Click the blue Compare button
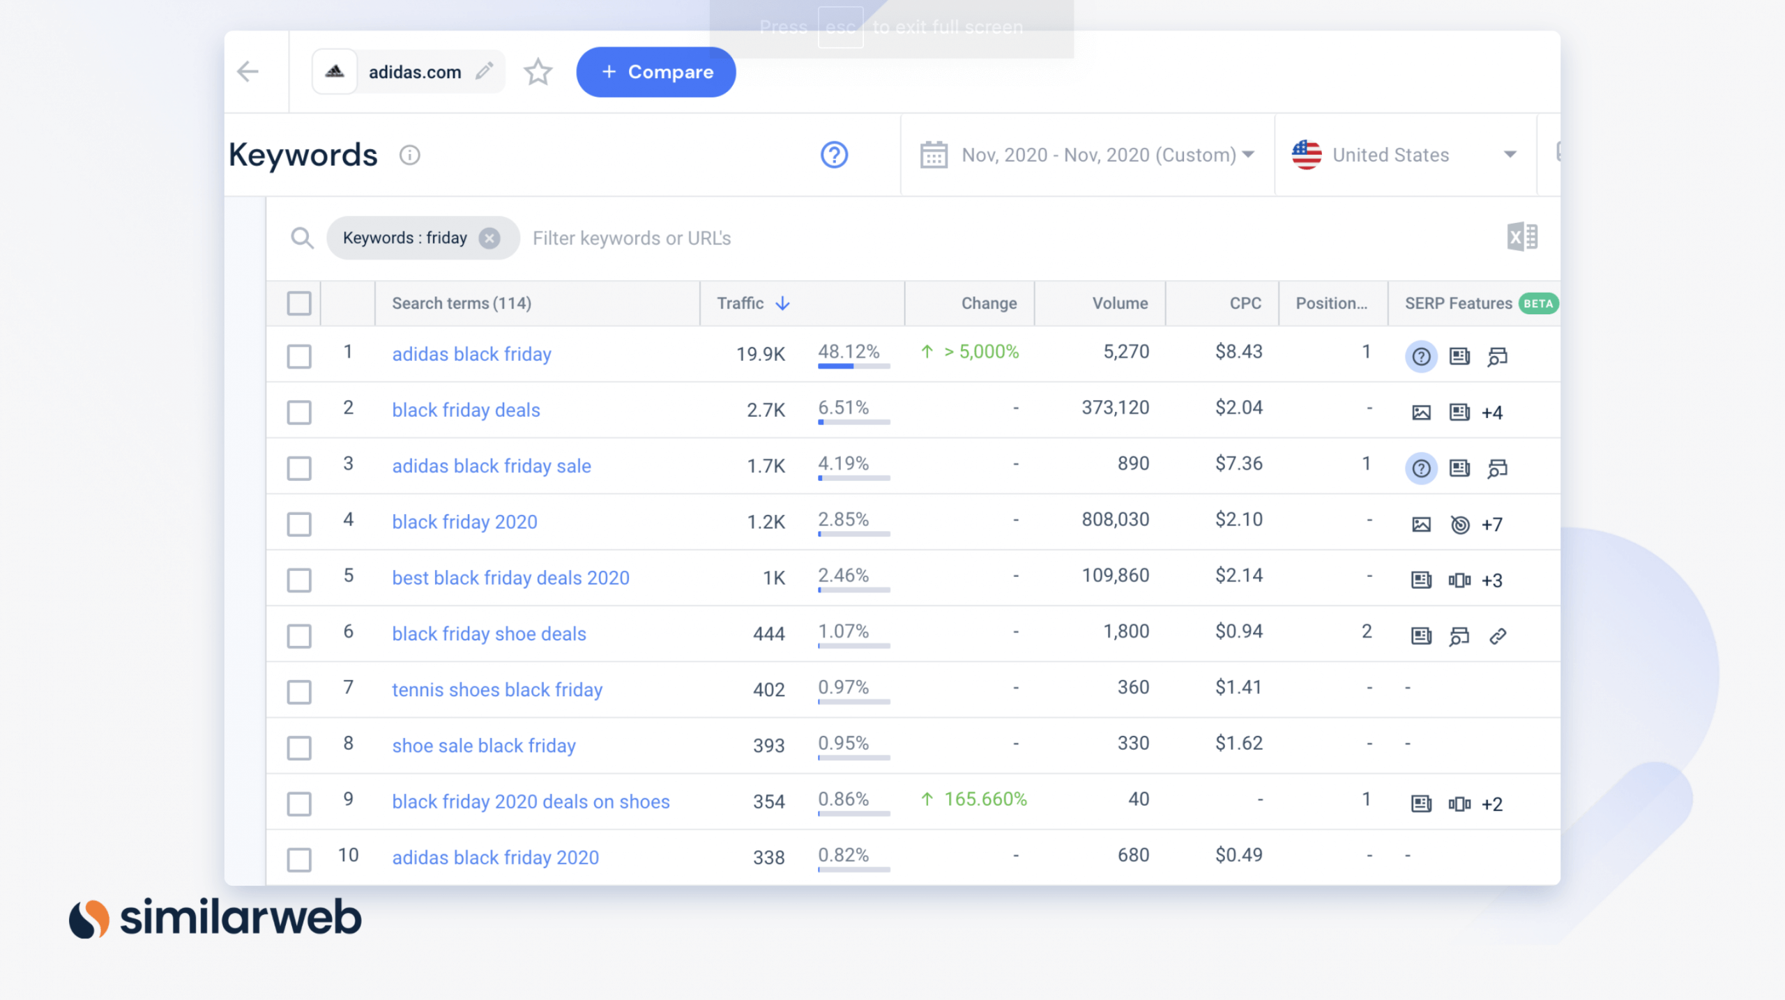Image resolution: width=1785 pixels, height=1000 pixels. (x=655, y=72)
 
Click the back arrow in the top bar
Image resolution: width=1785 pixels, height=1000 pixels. (x=248, y=72)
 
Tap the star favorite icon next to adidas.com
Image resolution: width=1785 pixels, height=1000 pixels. (x=538, y=72)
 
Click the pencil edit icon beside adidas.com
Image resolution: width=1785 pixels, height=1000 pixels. (x=484, y=71)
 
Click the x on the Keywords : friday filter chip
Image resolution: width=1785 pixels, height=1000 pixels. (x=489, y=238)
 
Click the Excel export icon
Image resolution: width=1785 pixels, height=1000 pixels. (x=1521, y=237)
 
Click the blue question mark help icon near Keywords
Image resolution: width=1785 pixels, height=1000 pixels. (x=834, y=155)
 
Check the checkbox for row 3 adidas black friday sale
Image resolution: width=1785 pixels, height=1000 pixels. (x=299, y=468)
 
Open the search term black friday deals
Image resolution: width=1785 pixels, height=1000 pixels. (x=466, y=410)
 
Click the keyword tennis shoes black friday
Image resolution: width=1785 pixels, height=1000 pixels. (x=496, y=690)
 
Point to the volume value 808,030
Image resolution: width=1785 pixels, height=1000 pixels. (x=1115, y=520)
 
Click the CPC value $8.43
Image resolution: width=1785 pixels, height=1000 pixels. (x=1238, y=352)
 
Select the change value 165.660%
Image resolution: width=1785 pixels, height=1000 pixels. (x=985, y=799)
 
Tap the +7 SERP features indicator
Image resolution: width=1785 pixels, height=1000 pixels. (x=1491, y=525)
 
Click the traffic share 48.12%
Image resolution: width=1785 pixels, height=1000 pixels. (x=849, y=352)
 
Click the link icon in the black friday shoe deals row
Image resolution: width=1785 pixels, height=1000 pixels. (x=1497, y=636)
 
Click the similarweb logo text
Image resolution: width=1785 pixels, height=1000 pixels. (x=241, y=918)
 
